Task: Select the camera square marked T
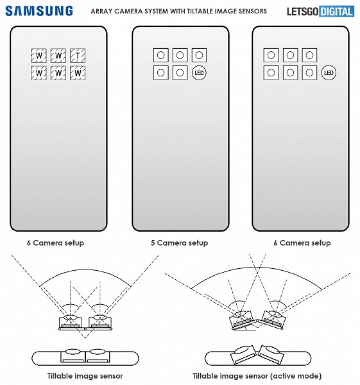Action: tap(78, 56)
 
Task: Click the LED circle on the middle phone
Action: tap(199, 73)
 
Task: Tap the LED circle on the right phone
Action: tap(329, 73)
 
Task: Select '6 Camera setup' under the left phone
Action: tap(55, 243)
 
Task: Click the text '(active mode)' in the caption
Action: tap(297, 376)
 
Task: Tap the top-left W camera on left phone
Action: tap(39, 56)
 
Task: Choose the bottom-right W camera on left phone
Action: tap(78, 73)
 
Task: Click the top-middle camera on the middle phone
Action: tap(180, 56)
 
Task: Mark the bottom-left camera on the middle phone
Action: tap(161, 73)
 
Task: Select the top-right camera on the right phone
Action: tap(309, 56)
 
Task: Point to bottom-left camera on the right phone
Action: tap(271, 73)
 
